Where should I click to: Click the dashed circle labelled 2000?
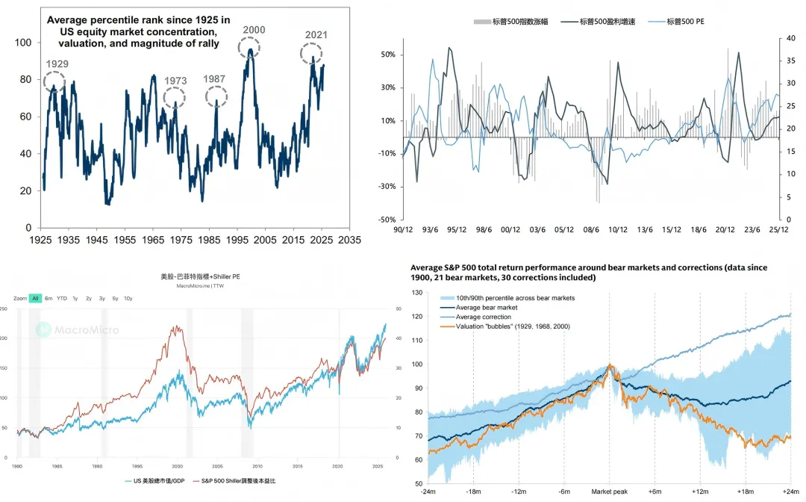pos(249,48)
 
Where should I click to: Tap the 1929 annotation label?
pos(57,64)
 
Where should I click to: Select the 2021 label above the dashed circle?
pos(315,34)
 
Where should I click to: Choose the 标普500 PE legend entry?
pos(679,22)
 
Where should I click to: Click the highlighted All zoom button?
pos(35,298)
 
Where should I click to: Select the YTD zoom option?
pos(62,298)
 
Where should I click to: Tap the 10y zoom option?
pos(128,298)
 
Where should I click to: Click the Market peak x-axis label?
pos(609,492)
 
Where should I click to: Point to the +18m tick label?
pos(744,492)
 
